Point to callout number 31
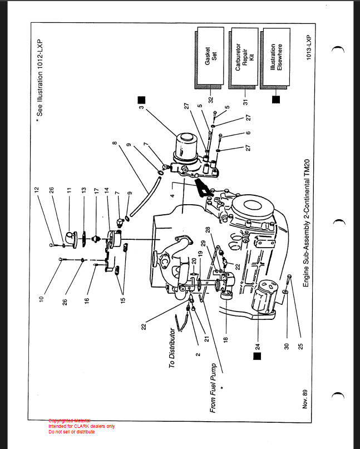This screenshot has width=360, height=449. [245, 101]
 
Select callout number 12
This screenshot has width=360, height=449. [37, 190]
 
